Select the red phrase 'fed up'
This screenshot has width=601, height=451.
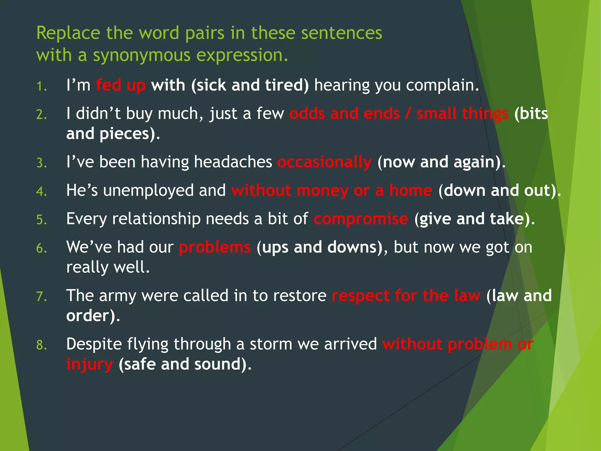click(121, 85)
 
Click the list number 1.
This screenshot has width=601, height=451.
click(41, 87)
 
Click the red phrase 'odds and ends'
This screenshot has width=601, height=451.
click(344, 114)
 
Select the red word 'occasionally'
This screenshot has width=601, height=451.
click(324, 162)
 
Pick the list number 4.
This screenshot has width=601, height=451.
click(41, 191)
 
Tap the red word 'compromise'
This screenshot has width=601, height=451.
click(361, 219)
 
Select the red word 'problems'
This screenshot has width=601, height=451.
click(215, 248)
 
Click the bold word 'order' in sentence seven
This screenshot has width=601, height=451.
click(87, 316)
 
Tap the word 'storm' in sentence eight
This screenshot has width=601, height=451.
click(271, 344)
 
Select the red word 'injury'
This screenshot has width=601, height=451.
click(90, 365)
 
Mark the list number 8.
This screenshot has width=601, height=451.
click(41, 345)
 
